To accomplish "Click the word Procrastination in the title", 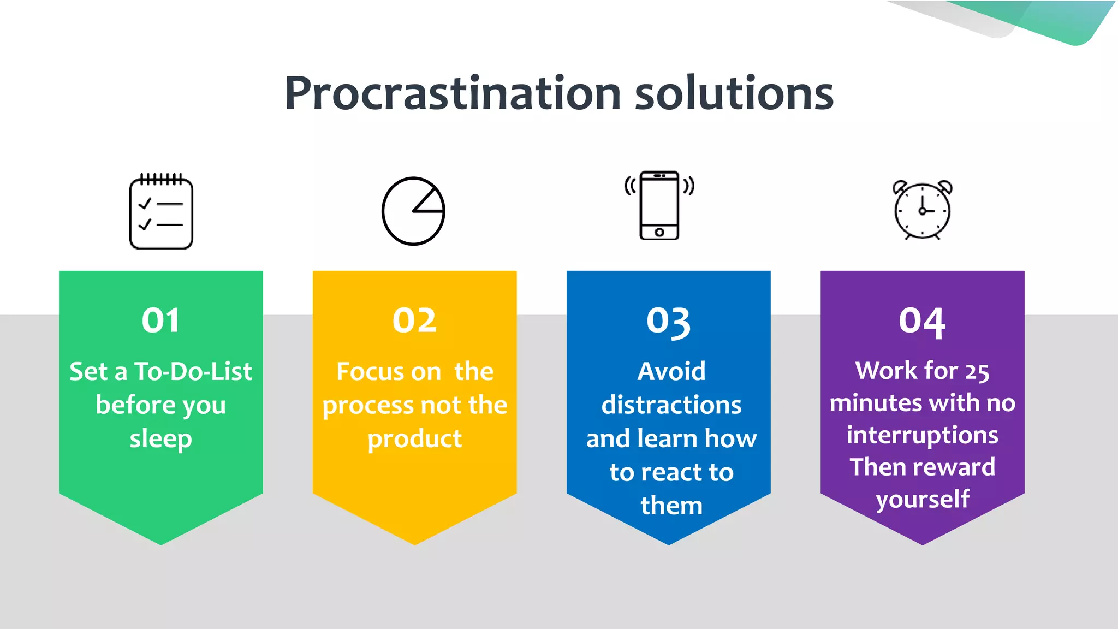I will pos(453,93).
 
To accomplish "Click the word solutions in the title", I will pos(734,93).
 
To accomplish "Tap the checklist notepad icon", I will pos(161,211).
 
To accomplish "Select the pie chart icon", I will pos(413,211).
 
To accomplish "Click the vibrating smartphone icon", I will pos(659,205).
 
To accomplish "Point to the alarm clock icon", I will pos(923,210).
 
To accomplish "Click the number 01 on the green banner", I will pos(160,321).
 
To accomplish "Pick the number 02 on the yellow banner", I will pos(415,321).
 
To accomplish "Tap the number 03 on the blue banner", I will pos(669,322).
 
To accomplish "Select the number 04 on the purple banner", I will pos(923,322).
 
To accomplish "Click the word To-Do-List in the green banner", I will pos(193,372).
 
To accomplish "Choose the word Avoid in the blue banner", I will pos(671,372).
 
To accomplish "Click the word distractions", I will pos(671,405).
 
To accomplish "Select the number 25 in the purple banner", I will pos(977,372).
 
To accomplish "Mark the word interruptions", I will pos(923,435).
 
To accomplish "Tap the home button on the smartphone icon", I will pos(659,233).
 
